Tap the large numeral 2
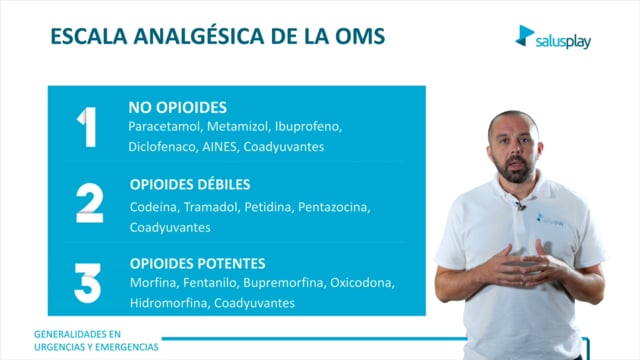[x=89, y=202]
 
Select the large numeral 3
[x=87, y=283]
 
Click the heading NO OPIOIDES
[x=178, y=108]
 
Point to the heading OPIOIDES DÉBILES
[x=190, y=184]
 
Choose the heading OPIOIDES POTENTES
[x=198, y=264]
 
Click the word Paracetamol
[x=165, y=127]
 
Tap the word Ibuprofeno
[x=308, y=127]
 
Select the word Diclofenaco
[x=163, y=147]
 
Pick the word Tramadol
[x=211, y=207]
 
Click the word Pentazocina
[x=334, y=207]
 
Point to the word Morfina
[x=154, y=283]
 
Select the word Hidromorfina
[x=170, y=303]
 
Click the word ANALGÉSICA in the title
[x=199, y=36]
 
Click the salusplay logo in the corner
[x=553, y=37]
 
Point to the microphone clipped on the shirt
[x=520, y=206]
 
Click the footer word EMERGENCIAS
[x=127, y=347]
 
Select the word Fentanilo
[x=211, y=283]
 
